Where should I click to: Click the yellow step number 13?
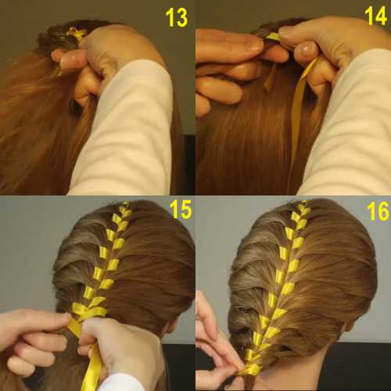coord(177,17)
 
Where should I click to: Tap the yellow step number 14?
coord(375,16)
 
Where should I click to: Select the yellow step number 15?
coord(181,210)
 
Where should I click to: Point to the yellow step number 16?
coord(378,212)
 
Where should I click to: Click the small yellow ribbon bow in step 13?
coord(76,34)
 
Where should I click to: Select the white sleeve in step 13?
coord(125,131)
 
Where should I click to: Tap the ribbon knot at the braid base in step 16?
coord(250,369)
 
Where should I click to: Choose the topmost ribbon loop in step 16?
coord(303,205)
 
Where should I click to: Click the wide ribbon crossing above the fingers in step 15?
coord(88,311)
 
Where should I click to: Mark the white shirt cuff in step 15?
coord(123,383)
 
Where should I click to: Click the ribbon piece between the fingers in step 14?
coord(273,38)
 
